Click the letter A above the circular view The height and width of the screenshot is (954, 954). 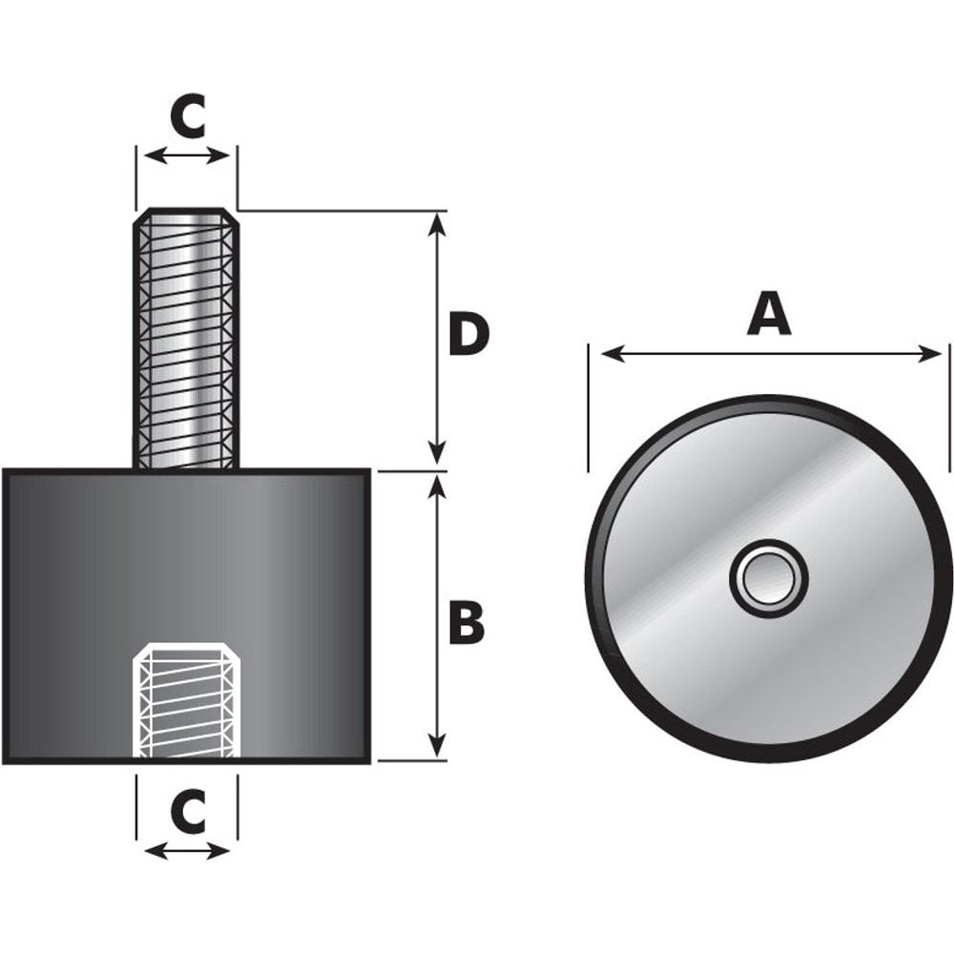[x=769, y=314]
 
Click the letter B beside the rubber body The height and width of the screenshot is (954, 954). [x=467, y=623]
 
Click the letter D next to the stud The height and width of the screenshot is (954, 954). [x=467, y=336]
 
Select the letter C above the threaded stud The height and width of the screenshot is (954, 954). [x=187, y=116]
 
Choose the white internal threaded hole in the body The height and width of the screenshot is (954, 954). [x=186, y=701]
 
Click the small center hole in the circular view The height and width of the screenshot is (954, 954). [x=769, y=578]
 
